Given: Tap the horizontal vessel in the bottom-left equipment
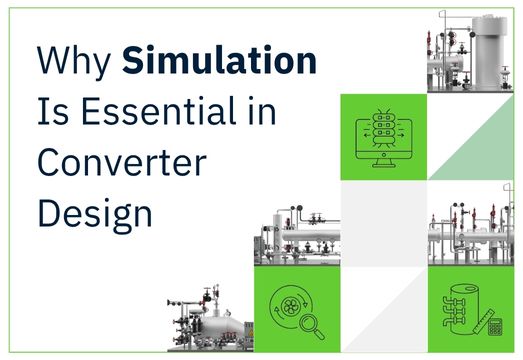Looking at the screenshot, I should tap(226, 330).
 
